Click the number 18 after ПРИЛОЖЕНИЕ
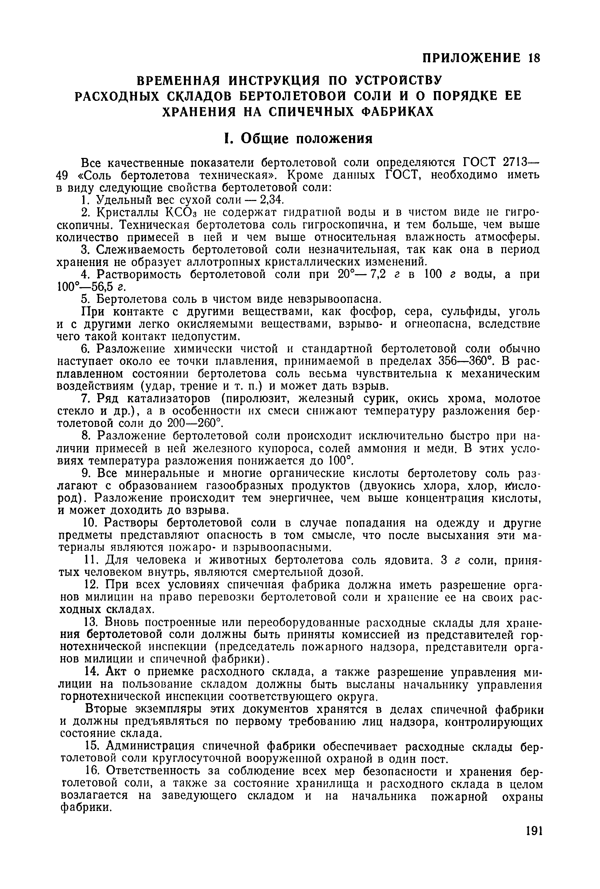pyautogui.click(x=533, y=58)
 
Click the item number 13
pyautogui.click(x=91, y=623)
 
